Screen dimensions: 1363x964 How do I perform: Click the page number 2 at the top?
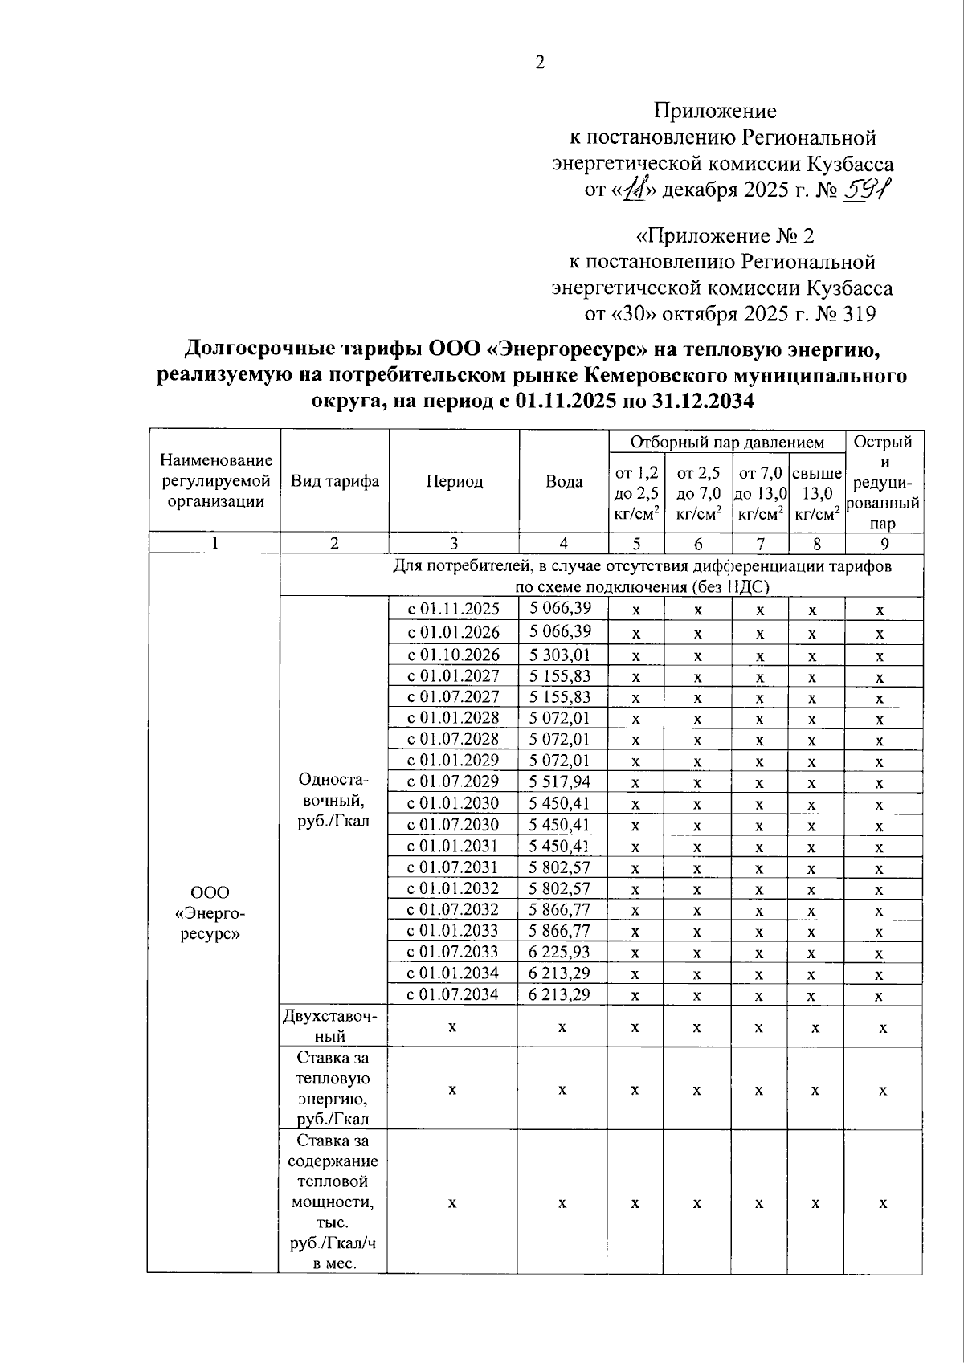click(539, 63)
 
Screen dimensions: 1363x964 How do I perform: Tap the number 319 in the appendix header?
click(858, 313)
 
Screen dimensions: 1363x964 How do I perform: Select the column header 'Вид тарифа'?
click(334, 482)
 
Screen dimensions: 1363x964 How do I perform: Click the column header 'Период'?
click(454, 482)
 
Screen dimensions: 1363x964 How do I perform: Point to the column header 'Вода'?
click(564, 482)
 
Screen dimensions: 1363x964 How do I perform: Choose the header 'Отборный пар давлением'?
click(726, 442)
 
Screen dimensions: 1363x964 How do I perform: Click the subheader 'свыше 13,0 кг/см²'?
click(816, 493)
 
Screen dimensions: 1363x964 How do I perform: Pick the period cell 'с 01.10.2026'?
click(453, 655)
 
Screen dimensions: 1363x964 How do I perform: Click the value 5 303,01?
click(561, 655)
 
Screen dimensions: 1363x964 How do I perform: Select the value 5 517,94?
click(561, 781)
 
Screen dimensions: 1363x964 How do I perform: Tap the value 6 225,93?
click(561, 952)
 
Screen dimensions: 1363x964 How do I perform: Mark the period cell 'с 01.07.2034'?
click(453, 994)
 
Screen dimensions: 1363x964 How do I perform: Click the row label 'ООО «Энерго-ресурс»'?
click(210, 913)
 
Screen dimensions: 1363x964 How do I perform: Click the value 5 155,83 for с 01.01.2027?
click(561, 675)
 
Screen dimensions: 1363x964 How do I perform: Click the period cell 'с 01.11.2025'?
click(453, 609)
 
